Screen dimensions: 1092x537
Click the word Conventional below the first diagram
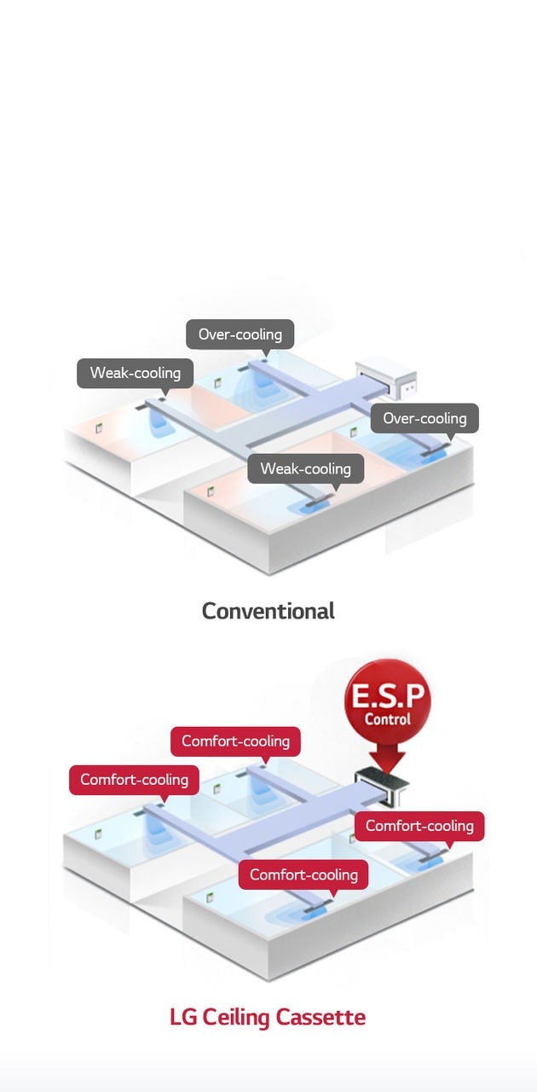click(x=268, y=611)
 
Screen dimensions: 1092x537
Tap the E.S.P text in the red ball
click(x=388, y=694)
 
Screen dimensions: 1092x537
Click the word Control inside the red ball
click(x=388, y=719)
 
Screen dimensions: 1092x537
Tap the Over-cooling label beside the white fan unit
click(x=424, y=418)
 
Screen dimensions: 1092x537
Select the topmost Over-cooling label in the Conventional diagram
click(x=240, y=334)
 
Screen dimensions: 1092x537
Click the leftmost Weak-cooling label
click(x=135, y=373)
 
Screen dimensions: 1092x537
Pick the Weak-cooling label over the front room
click(x=305, y=468)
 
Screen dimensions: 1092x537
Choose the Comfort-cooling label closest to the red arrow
click(x=419, y=826)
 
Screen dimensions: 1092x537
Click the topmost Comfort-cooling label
click(x=235, y=741)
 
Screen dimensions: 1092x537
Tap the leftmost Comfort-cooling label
click(x=134, y=780)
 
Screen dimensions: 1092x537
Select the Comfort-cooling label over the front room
click(x=303, y=874)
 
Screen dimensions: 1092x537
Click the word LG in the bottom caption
click(x=182, y=1017)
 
